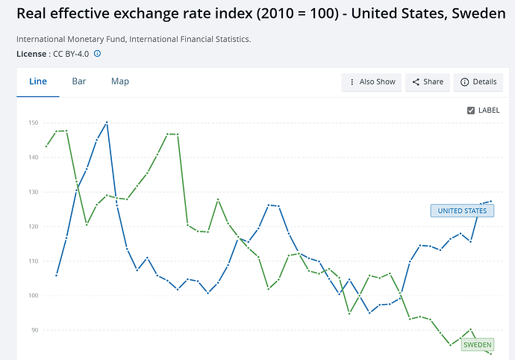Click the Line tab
point(37,81)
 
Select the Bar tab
point(78,81)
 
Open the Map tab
point(120,81)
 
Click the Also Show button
point(372,82)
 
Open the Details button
point(478,82)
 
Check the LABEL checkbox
point(471,111)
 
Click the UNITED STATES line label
point(462,211)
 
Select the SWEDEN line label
point(477,345)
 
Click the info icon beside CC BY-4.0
point(97,54)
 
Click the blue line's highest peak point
point(107,122)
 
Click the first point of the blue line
point(57,275)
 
